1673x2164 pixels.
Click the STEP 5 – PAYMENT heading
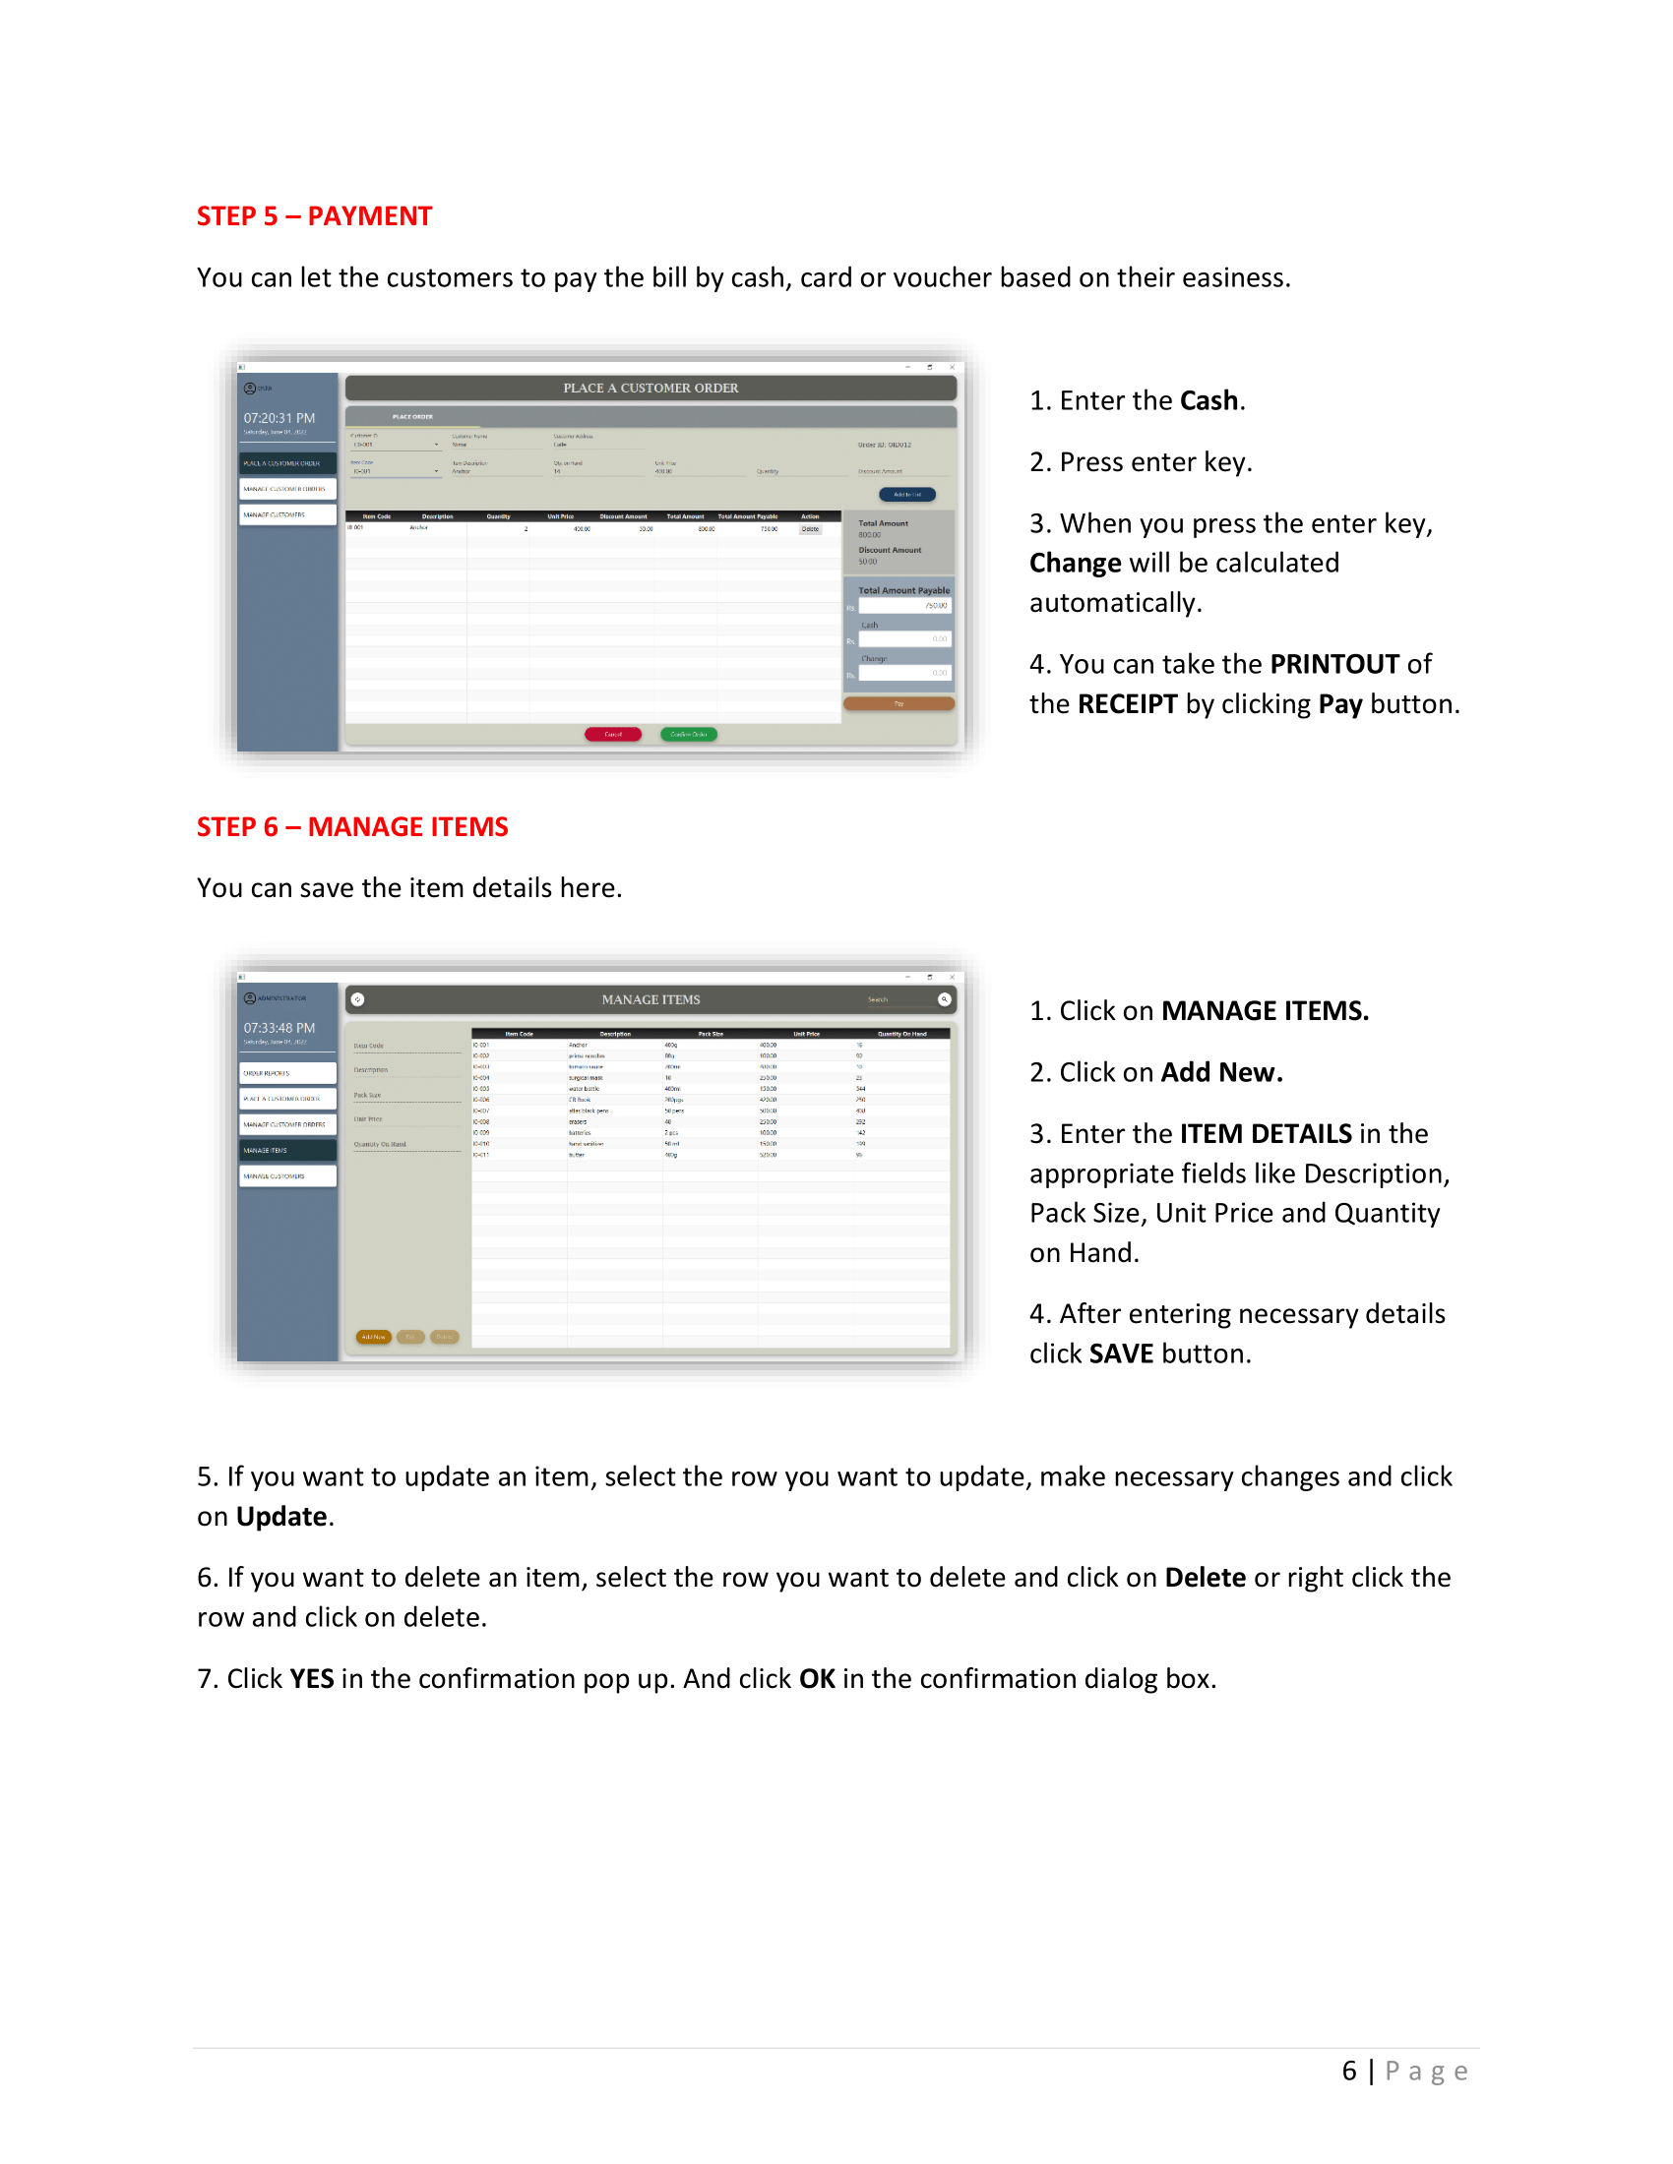(x=313, y=216)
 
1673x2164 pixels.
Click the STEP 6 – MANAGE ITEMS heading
(x=352, y=826)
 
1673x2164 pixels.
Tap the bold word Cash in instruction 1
(x=1208, y=400)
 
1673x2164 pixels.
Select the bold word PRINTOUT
(x=1334, y=664)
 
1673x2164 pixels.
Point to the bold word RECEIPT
(x=1127, y=703)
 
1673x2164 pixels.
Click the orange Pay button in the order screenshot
(x=898, y=703)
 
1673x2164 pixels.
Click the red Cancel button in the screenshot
(x=612, y=734)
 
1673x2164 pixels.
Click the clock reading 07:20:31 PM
(x=279, y=418)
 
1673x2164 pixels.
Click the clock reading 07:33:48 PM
(x=279, y=1028)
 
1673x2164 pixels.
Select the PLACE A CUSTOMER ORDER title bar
(x=651, y=389)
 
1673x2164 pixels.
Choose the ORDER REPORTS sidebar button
(x=287, y=1073)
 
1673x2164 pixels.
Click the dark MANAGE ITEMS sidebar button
(x=287, y=1151)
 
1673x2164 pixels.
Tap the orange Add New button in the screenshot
(x=374, y=1337)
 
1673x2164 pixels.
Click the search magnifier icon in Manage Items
(x=944, y=998)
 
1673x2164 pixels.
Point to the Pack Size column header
(x=711, y=1034)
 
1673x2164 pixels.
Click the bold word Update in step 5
(x=281, y=1516)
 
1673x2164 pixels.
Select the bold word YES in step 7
(x=311, y=1678)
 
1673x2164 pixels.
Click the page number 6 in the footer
(x=1348, y=2071)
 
